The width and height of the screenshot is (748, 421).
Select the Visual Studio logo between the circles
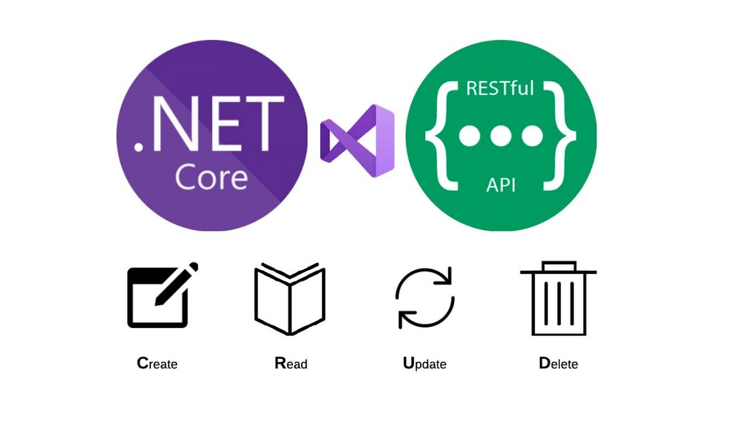[357, 140]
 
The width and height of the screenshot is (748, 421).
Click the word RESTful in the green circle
[501, 88]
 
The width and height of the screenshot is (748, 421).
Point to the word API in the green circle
[501, 185]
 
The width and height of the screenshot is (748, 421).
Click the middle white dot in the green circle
[501, 135]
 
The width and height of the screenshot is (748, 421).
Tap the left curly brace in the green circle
[439, 136]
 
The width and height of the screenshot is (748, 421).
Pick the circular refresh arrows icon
[425, 298]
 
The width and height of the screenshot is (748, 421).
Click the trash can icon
[559, 299]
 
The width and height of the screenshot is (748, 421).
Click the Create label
[157, 363]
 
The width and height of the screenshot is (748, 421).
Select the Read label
[290, 363]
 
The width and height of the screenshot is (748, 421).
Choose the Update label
[424, 363]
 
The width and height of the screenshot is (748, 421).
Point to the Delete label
[558, 363]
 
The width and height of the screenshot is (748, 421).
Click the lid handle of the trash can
[559, 266]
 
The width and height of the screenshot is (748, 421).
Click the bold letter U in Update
[409, 362]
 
